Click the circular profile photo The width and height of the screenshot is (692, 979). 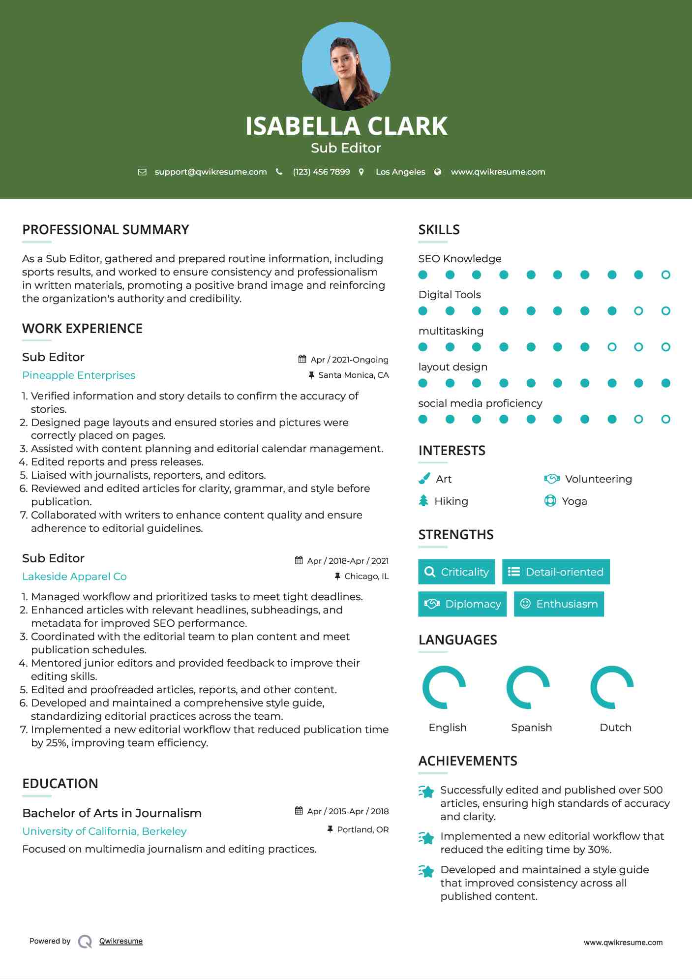point(346,66)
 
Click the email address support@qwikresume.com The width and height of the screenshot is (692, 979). point(211,172)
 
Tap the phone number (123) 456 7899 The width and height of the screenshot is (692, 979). point(321,172)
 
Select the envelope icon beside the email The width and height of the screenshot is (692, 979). point(142,172)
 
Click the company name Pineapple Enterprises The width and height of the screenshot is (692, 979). point(79,375)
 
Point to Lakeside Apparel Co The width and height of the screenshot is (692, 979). point(74,576)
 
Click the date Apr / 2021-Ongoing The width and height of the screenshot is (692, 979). point(349,360)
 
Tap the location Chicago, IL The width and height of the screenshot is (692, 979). point(366,576)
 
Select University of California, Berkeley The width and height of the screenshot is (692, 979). point(104,831)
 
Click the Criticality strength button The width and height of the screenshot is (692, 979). point(456,572)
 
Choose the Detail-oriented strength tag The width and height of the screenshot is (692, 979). point(556,572)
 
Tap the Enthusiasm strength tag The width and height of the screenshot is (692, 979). point(559,604)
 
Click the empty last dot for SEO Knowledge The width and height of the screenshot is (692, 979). point(665,275)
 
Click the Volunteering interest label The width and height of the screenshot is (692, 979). point(598,479)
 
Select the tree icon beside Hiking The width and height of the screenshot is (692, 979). point(423,501)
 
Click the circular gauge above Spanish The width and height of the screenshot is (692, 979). point(528,687)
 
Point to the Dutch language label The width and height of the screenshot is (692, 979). point(615,727)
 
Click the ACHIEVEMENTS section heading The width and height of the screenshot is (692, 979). point(468,761)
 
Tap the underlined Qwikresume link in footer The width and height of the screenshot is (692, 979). point(121,941)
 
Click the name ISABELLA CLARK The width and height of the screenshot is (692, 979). point(346,126)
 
